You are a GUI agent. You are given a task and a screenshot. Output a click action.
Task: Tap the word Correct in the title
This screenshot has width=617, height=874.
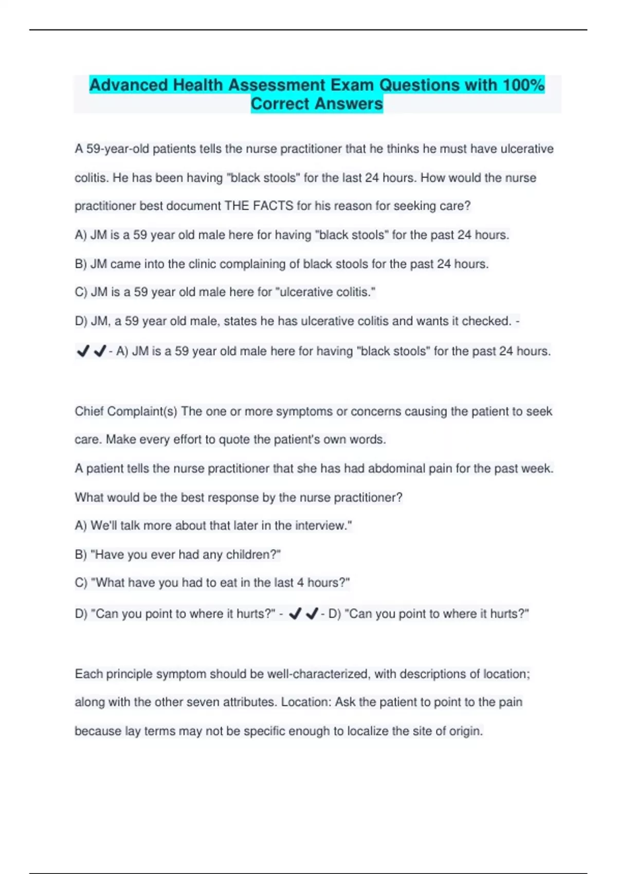[x=281, y=104]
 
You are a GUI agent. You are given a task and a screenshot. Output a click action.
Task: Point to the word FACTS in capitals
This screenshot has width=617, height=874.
[x=273, y=206]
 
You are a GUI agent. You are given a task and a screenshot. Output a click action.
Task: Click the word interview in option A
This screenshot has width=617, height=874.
[x=320, y=526]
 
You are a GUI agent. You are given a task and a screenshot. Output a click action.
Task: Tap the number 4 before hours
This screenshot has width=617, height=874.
[x=300, y=583]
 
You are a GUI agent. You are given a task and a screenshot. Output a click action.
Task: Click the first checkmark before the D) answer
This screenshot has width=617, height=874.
[x=295, y=614]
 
